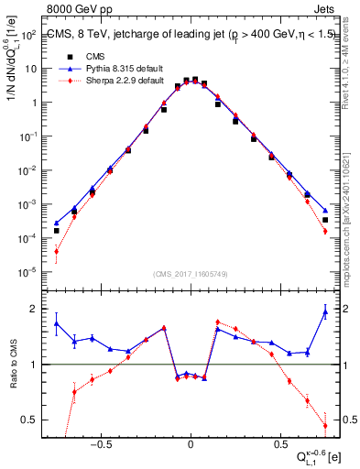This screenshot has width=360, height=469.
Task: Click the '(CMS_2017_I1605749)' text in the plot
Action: tap(191, 274)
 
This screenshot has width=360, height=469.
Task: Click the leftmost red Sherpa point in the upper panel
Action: tap(57, 251)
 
